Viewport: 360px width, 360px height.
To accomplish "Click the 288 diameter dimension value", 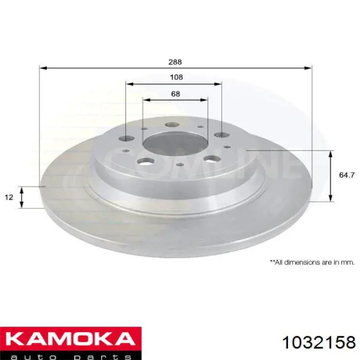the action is pos(175,62).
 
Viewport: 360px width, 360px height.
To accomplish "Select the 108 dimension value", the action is pos(176,77).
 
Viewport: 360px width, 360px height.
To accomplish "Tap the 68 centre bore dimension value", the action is pos(176,94).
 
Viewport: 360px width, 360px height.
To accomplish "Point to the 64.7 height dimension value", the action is pos(347,175).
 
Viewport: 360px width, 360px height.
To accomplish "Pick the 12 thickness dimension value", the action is pos(9,197).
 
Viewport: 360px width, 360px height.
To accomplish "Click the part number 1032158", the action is pos(319,343).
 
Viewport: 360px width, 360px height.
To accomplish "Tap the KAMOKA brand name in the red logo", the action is pos(70,339).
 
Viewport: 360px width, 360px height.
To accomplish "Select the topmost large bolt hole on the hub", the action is pos(172,124).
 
